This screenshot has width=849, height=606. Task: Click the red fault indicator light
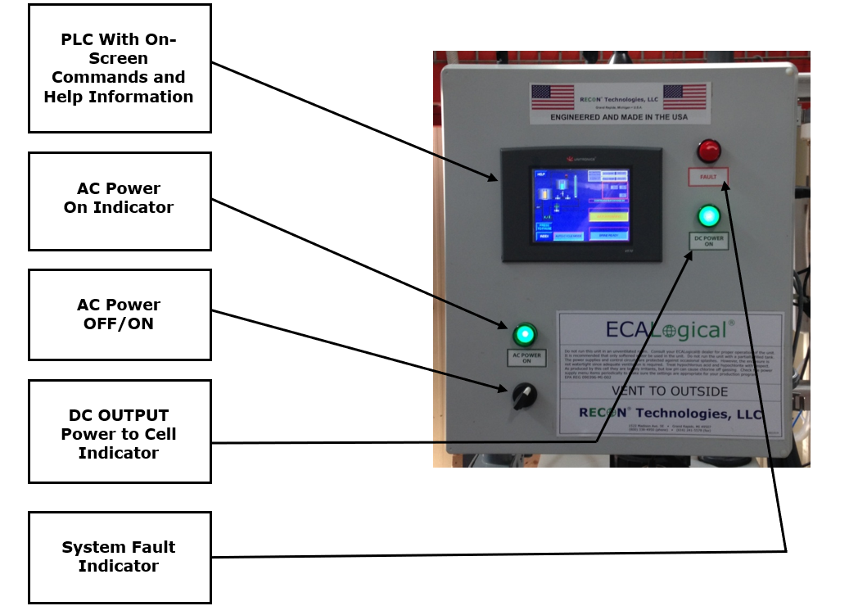709,151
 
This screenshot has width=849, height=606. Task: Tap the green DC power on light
708,216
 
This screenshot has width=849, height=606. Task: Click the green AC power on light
524,334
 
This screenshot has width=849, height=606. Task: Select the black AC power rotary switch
523,397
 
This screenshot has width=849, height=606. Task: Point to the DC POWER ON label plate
709,240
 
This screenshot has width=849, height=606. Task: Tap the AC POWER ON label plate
526,357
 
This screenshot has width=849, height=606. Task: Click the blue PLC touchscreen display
582,205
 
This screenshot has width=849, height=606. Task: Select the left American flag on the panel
553,97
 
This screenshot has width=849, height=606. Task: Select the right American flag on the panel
684,97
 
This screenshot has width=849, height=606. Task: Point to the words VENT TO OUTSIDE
670,391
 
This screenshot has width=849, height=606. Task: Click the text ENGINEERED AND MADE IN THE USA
619,117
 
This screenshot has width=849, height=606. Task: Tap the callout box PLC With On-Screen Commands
120,68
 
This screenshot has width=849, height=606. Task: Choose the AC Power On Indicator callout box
120,201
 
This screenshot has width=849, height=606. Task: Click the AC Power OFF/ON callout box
120,314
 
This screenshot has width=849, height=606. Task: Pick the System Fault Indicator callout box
120,557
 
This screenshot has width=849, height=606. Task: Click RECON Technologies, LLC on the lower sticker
670,414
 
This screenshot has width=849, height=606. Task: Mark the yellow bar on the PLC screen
607,217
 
